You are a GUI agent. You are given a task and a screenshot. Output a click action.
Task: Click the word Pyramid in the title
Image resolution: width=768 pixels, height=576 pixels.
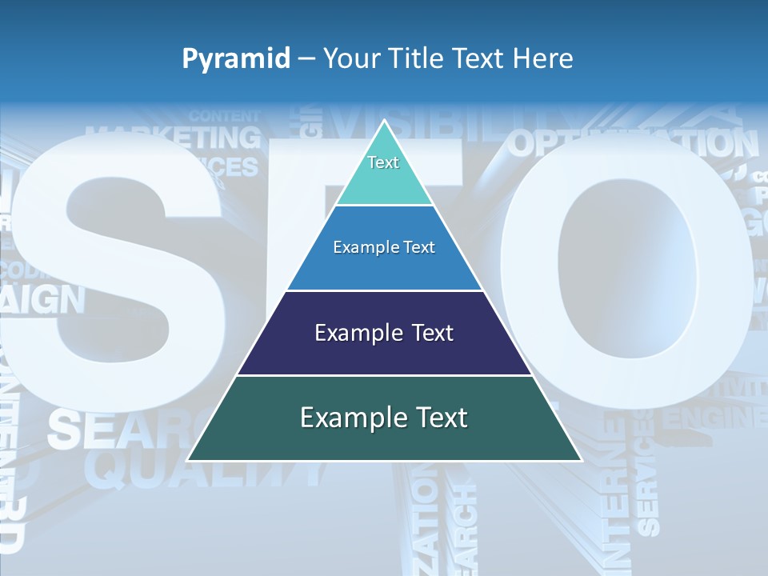click(x=236, y=59)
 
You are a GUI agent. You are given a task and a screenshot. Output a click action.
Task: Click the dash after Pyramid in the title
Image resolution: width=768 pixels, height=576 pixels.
click(x=306, y=59)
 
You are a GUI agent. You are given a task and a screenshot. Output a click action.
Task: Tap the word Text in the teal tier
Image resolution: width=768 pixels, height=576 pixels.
click(x=383, y=162)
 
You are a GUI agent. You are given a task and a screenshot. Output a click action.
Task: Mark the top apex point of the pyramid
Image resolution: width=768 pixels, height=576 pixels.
click(x=384, y=122)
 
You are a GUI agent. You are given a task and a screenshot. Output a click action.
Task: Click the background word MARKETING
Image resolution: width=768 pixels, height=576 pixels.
click(x=173, y=138)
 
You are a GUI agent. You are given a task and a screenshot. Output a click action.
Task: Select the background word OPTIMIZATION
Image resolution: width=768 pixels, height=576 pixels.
click(x=632, y=145)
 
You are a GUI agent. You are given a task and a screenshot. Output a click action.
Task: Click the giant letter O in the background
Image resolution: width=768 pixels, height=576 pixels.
click(x=632, y=280)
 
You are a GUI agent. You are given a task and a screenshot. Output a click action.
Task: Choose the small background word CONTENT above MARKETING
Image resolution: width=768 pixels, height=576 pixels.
click(x=225, y=117)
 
